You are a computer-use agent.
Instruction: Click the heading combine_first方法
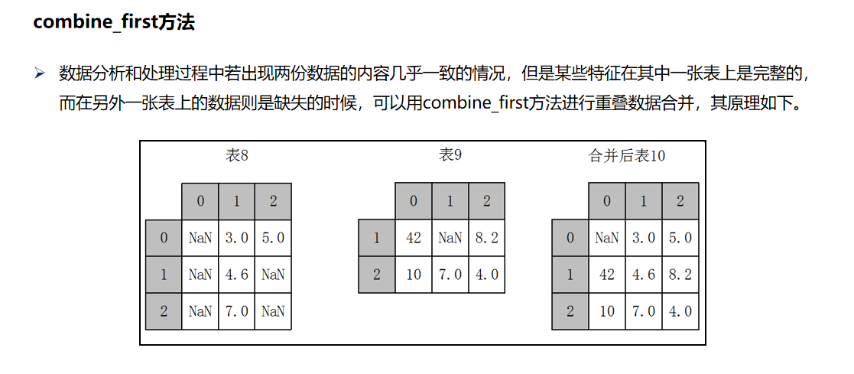[x=114, y=22]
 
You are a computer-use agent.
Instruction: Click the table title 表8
[x=237, y=155]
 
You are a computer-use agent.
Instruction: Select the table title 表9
[x=450, y=155]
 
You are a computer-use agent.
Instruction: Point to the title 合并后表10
[x=627, y=156]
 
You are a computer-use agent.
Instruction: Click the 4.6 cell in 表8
[x=236, y=275]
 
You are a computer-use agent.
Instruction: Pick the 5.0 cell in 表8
[x=273, y=238]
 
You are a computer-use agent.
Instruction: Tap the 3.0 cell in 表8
[x=236, y=238]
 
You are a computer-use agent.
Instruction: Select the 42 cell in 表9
[x=414, y=238]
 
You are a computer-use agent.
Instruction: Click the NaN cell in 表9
[x=450, y=238]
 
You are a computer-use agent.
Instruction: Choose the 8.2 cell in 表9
[x=486, y=238]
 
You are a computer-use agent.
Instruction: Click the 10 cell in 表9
[x=414, y=275]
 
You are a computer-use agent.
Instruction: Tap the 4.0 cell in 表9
[x=486, y=275]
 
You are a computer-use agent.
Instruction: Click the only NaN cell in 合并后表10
[x=607, y=238]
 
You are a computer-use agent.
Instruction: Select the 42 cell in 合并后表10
[x=607, y=275]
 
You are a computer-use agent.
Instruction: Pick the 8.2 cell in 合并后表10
[x=680, y=275]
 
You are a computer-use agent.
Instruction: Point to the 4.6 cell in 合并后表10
[x=644, y=275]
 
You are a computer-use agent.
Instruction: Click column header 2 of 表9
[x=486, y=201]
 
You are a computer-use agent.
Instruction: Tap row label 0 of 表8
[x=164, y=238]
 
